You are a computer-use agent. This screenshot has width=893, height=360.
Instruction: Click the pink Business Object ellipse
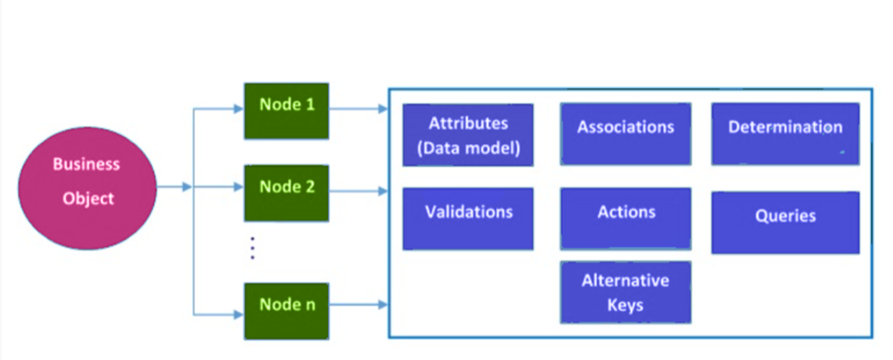pos(87,188)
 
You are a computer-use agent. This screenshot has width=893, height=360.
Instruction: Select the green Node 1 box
pos(286,111)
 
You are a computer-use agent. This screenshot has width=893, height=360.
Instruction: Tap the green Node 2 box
pos(286,193)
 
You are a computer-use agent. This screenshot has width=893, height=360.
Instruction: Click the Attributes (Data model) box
pos(467,136)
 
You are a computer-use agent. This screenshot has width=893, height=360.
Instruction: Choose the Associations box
pos(626,135)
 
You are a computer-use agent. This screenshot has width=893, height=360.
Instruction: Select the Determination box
pos(785,135)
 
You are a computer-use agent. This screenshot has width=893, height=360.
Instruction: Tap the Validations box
pos(467,218)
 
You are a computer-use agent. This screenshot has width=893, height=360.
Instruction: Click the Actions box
pos(626,218)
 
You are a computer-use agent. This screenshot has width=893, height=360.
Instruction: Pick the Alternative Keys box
pos(626,292)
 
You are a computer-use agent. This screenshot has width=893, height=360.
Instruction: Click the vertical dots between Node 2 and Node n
pos(252,247)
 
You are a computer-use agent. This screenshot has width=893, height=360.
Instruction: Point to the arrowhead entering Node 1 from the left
pos(237,109)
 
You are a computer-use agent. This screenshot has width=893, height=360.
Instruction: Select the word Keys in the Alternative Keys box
pos(626,304)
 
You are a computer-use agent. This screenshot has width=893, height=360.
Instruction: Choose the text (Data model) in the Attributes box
pos(467,148)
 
